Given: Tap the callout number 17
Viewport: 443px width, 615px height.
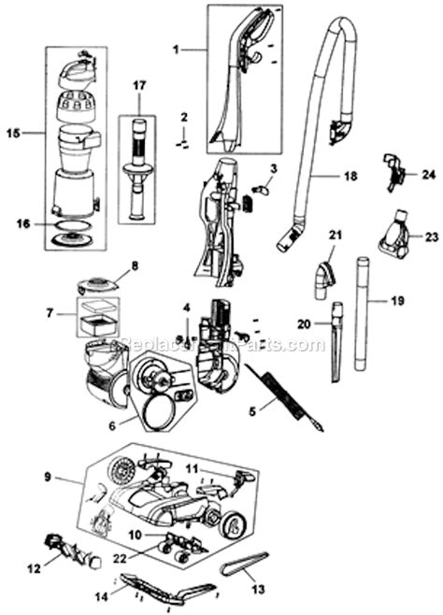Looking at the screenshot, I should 139,86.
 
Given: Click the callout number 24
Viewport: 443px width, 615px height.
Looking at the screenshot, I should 429,174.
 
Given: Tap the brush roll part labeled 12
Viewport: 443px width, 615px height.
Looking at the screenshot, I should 68,542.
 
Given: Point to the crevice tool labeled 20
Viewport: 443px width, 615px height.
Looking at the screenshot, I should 335,350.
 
